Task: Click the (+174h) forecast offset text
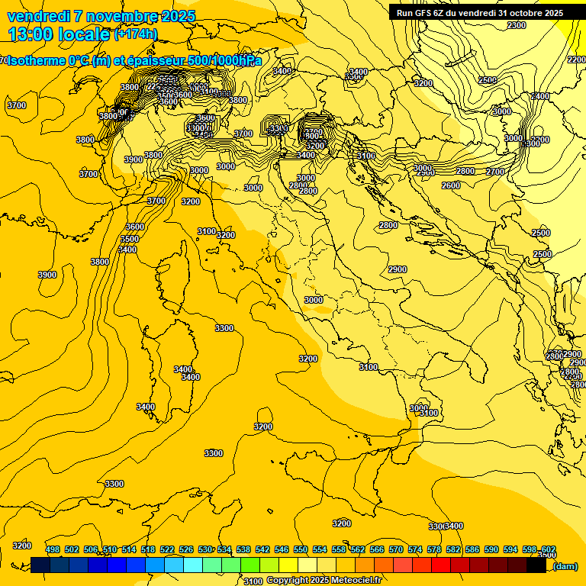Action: coord(135,34)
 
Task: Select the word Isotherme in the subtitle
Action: coord(36,61)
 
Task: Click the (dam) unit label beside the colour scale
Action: coord(565,566)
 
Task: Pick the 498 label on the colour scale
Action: coord(53,549)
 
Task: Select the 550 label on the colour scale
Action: coord(301,549)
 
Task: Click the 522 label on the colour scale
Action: coord(167,549)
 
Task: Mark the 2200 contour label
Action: coord(576,60)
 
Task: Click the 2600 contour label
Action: coord(451,185)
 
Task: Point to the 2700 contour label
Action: coord(495,172)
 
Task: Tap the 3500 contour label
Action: coord(130,239)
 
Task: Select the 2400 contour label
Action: coord(540,96)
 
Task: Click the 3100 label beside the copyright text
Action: coord(253,581)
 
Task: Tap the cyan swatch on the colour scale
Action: coord(193,565)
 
